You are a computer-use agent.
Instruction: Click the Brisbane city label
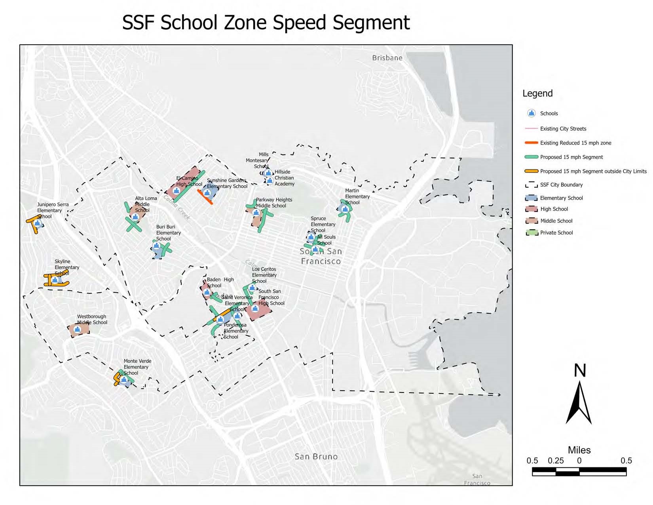(387, 58)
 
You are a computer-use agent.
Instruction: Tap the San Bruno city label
(316, 457)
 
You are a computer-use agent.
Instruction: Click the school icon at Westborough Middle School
(77, 330)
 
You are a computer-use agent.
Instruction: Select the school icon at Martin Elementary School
(345, 209)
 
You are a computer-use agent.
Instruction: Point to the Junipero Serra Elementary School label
(53, 210)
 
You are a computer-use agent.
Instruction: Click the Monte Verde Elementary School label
(137, 367)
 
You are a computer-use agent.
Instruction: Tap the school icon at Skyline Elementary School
(56, 280)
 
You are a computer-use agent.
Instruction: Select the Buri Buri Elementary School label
(168, 233)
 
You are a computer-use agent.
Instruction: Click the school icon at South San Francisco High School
(255, 309)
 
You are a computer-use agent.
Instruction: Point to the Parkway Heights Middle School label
(273, 203)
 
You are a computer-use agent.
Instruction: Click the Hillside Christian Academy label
(284, 178)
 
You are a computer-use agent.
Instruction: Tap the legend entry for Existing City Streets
(563, 129)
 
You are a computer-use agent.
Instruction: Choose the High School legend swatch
(531, 209)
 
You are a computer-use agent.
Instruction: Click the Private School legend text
(556, 233)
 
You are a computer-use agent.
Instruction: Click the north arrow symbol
(579, 402)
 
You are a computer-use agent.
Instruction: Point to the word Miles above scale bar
(579, 450)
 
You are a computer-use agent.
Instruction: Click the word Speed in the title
(301, 23)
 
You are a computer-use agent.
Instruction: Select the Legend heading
(537, 93)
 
